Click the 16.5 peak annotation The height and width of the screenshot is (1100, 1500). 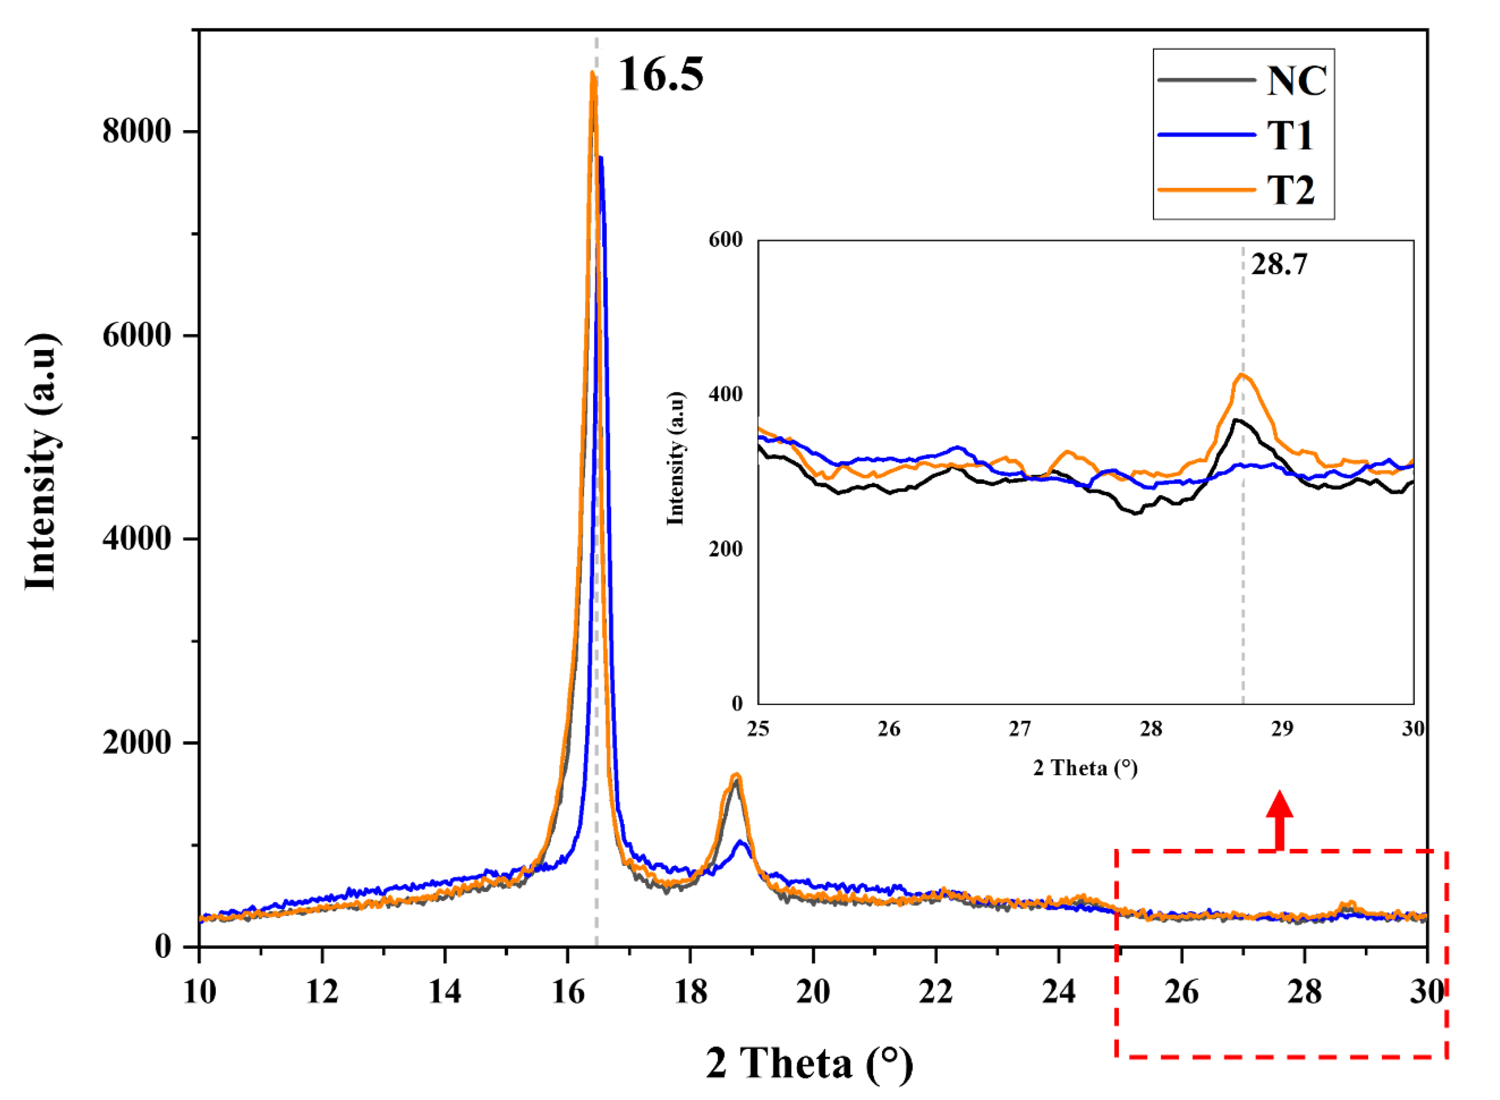(660, 74)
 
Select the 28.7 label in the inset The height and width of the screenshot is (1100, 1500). (1278, 265)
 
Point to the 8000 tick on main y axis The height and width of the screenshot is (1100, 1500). (136, 132)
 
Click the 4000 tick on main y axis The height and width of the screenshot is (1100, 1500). (136, 539)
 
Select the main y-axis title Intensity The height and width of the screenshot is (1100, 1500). (41, 461)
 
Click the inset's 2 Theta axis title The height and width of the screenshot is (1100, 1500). (1085, 768)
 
